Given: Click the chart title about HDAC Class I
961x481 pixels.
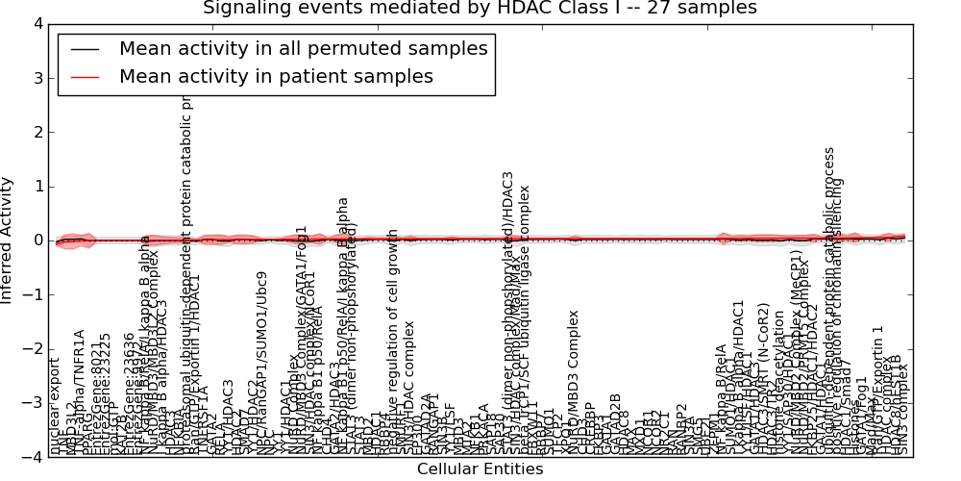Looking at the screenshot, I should coord(480,9).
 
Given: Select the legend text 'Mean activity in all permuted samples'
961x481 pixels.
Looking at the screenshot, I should coord(304,49).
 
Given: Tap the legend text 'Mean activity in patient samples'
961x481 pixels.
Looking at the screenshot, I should coord(276,76).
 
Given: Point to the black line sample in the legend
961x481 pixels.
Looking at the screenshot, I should coord(84,49).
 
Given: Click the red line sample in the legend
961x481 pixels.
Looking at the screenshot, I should coord(84,77).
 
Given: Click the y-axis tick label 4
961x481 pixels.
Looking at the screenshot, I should coord(36,24).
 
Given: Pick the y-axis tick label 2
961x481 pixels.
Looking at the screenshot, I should coord(36,133).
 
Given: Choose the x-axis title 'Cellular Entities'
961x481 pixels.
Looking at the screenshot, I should coord(480,469).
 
